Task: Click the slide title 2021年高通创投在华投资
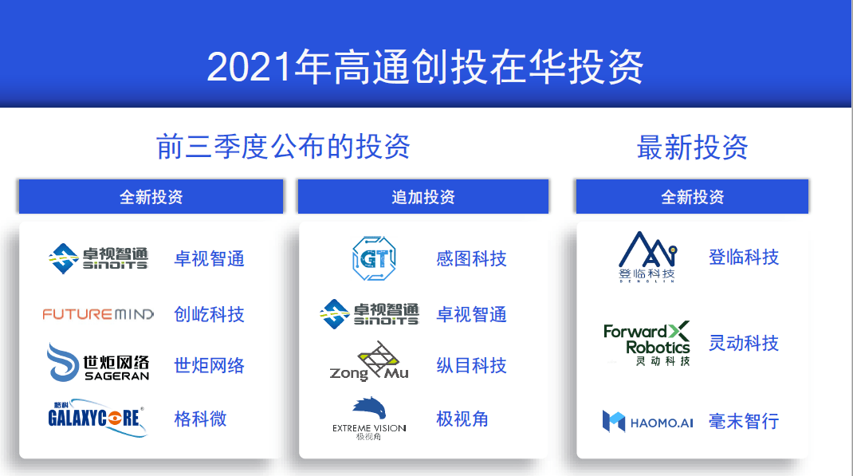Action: click(425, 67)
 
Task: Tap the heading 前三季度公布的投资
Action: click(283, 147)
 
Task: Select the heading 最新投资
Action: click(692, 147)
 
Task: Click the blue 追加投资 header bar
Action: click(423, 196)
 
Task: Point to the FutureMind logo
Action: click(99, 314)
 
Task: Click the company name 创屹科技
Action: click(209, 314)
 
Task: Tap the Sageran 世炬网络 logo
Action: click(99, 363)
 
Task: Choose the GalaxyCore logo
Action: click(97, 418)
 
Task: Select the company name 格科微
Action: click(200, 419)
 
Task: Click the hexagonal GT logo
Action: click(374, 258)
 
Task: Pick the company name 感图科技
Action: click(471, 258)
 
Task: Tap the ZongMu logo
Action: click(369, 362)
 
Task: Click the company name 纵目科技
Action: click(471, 365)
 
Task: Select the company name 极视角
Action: click(462, 419)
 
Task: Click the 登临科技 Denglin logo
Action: click(647, 257)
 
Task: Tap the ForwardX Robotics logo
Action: click(647, 344)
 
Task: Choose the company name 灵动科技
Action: click(744, 344)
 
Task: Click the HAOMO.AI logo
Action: click(647, 422)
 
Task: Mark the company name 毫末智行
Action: click(744, 421)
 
